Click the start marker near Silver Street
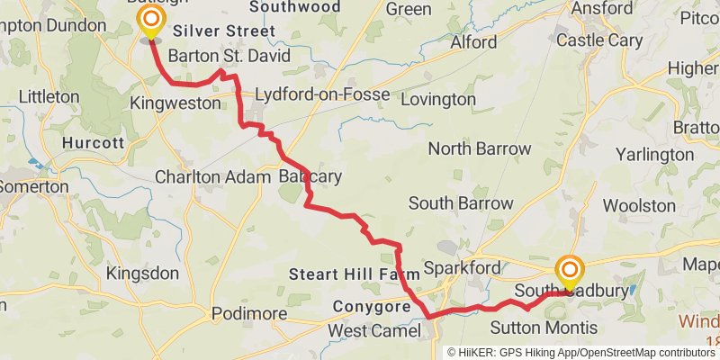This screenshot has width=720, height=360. pyautogui.click(x=150, y=20)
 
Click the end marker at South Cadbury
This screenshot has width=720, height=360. pyautogui.click(x=569, y=271)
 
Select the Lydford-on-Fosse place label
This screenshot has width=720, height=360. pyautogui.click(x=322, y=95)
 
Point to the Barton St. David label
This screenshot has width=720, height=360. pyautogui.click(x=229, y=56)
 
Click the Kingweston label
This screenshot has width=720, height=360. pyautogui.click(x=175, y=103)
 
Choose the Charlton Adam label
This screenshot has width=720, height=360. pyautogui.click(x=212, y=176)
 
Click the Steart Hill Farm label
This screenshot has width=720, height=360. pyautogui.click(x=354, y=273)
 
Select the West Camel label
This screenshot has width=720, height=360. pyautogui.click(x=373, y=331)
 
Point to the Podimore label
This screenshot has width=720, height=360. pyautogui.click(x=248, y=314)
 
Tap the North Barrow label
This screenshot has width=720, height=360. pyautogui.click(x=480, y=148)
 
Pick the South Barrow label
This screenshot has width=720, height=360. pyautogui.click(x=461, y=203)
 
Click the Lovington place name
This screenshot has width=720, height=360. pyautogui.click(x=437, y=99)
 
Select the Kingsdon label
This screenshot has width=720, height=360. pyautogui.click(x=142, y=273)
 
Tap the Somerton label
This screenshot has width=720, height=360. pyautogui.click(x=34, y=186)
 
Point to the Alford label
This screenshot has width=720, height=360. pyautogui.click(x=473, y=42)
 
